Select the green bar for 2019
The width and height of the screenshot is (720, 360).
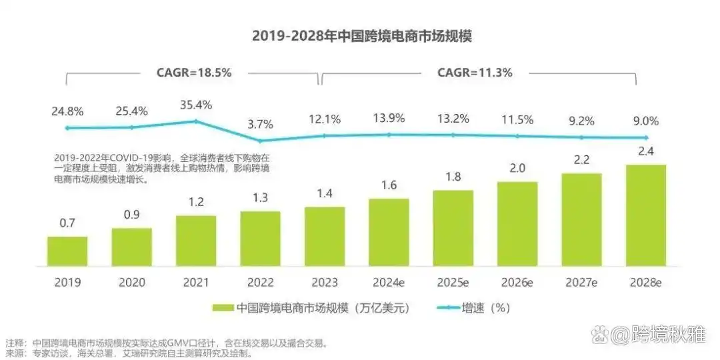pos(67,251)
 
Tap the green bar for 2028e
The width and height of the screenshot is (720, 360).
pos(645,215)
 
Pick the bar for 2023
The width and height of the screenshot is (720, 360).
pos(325,236)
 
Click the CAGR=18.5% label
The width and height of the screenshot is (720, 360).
pos(194,73)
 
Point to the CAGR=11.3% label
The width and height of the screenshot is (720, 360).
pos(475,73)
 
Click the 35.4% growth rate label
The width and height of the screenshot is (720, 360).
pos(196,105)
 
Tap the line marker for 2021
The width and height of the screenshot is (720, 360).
pos(196,121)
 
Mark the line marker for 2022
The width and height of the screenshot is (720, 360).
pos(260,141)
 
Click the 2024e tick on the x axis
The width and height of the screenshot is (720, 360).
pos(389,282)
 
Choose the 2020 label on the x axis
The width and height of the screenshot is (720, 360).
pos(131,282)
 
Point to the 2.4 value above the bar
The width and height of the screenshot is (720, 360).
pos(645,153)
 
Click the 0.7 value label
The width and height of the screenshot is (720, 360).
pos(67,224)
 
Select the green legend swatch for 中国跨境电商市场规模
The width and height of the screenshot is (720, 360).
pos(223,308)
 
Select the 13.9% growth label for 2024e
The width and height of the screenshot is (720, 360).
pos(389,119)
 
